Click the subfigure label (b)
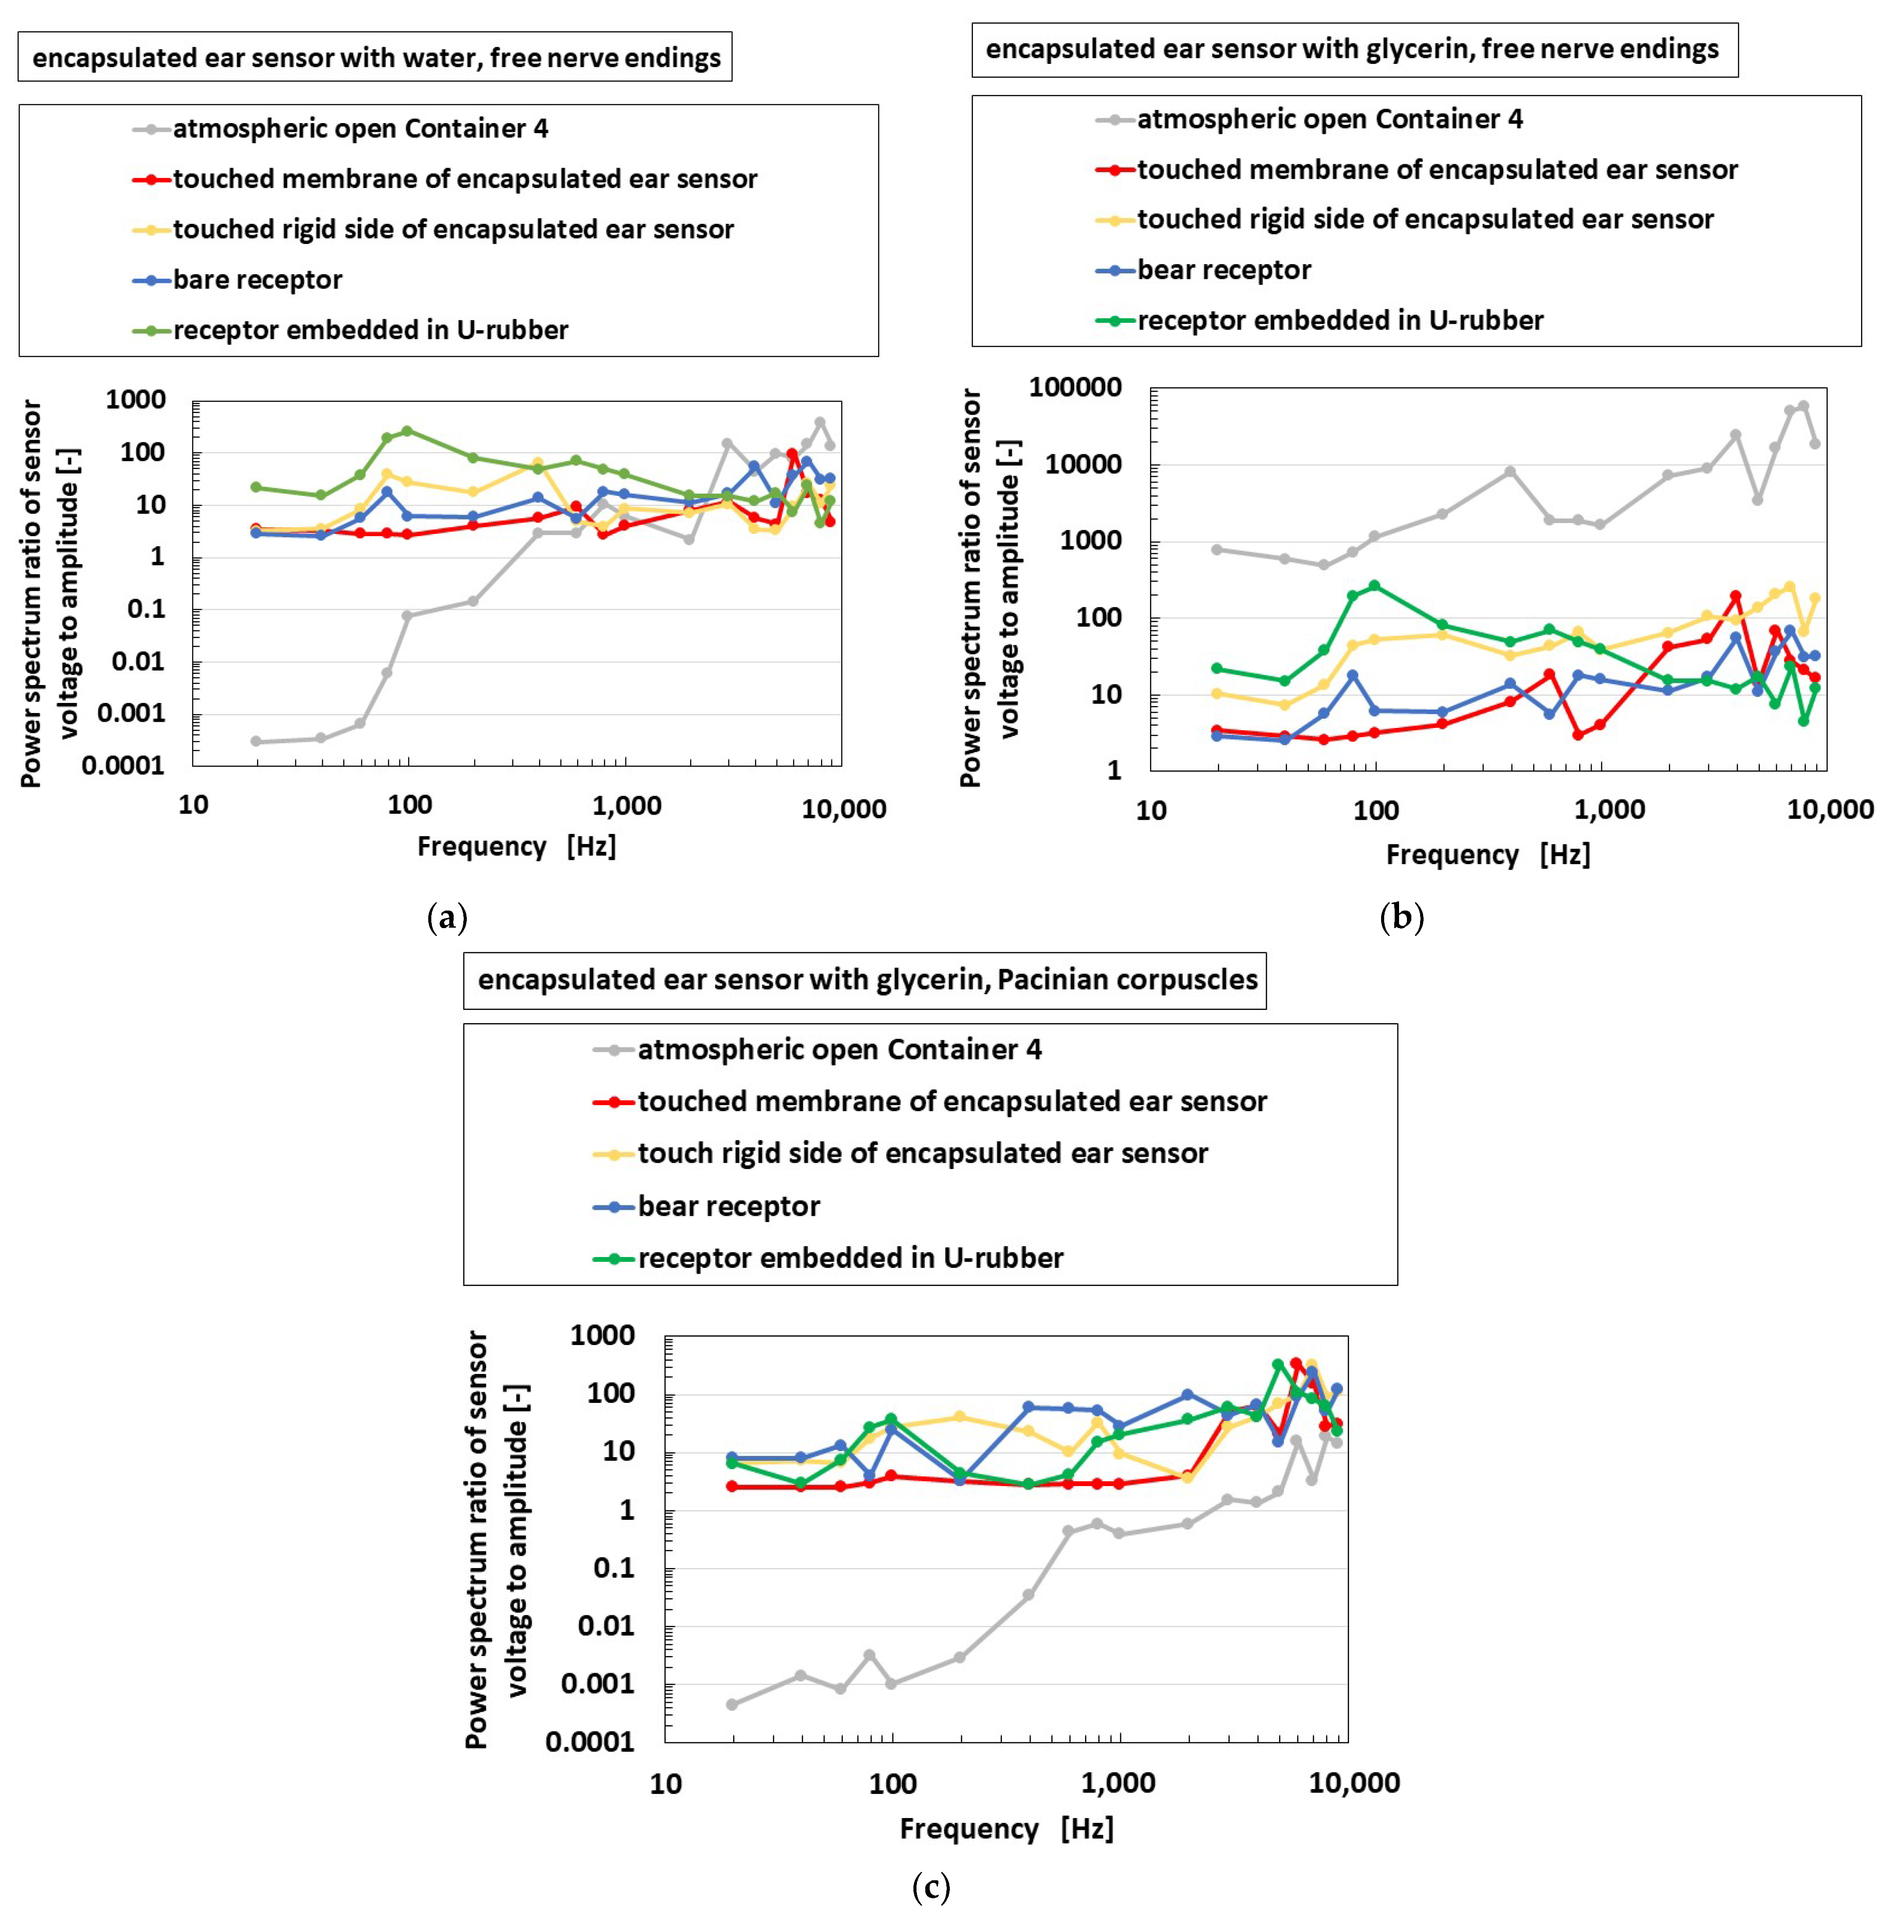pyautogui.click(x=1402, y=918)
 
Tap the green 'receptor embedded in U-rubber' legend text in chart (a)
pyautogui.click(x=370, y=330)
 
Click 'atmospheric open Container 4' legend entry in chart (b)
pyautogui.click(x=1329, y=120)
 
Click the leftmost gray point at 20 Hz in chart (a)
pyautogui.click(x=256, y=741)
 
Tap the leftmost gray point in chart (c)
pyautogui.click(x=732, y=1704)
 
